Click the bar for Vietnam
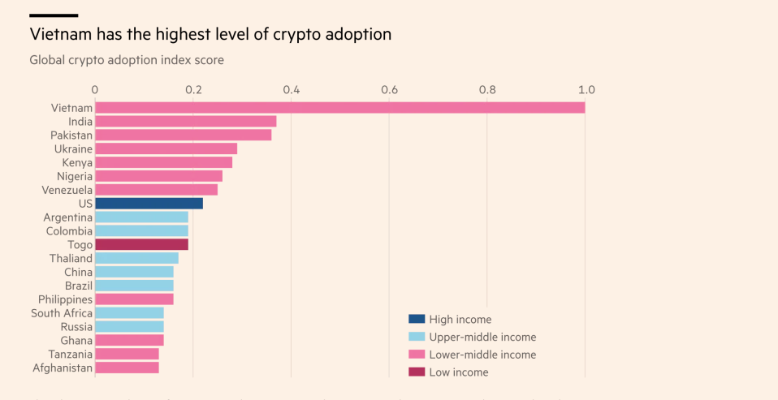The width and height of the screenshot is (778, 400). point(339,107)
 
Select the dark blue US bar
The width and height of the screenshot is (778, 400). point(149,204)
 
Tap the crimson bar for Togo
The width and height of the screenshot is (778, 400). point(141,244)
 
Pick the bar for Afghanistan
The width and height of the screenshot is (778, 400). point(127,368)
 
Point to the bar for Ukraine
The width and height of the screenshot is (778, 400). point(166,148)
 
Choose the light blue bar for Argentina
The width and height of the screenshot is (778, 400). point(141,217)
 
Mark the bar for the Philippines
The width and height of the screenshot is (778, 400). point(134,299)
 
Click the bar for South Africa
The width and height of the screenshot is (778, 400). point(129,313)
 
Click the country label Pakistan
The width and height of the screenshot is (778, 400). point(71,135)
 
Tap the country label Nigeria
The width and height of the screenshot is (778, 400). point(75,176)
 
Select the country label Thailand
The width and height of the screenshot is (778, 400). point(71,258)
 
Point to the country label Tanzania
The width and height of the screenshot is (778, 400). point(71,354)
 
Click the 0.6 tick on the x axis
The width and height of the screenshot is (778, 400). point(389,89)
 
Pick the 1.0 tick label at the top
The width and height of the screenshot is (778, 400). point(586,89)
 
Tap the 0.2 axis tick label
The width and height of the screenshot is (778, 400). point(193,89)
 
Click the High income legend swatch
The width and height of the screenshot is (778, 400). point(416,320)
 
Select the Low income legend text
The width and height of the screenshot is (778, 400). point(459,372)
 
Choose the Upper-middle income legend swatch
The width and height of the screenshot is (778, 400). point(416,337)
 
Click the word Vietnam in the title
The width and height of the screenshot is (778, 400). point(59,35)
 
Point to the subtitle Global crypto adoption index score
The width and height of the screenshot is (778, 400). point(127,60)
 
